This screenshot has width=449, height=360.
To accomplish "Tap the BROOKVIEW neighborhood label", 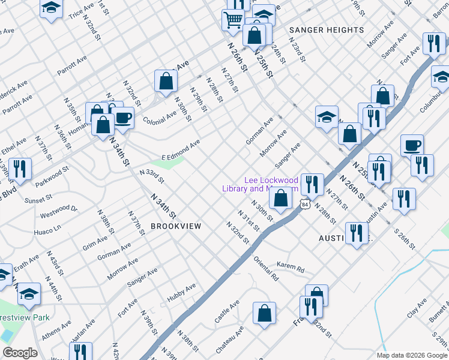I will click(x=175, y=226).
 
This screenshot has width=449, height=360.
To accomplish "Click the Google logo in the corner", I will click(x=20, y=353).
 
